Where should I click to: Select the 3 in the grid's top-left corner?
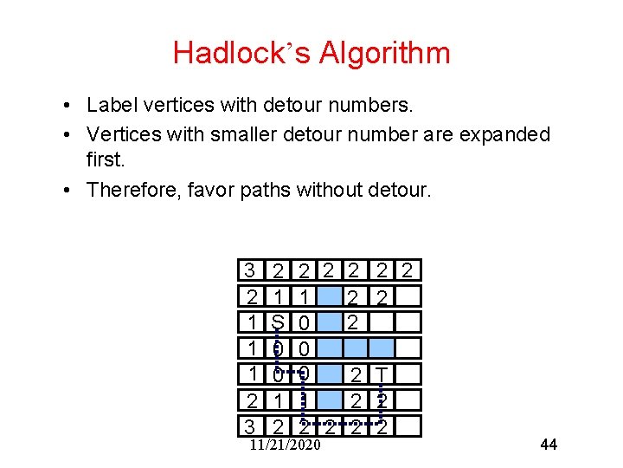tap(250, 271)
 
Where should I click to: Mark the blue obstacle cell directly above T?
tap(382, 348)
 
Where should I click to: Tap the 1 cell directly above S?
tap(278, 297)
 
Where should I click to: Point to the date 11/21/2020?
tap(284, 445)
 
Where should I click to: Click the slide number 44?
tap(549, 445)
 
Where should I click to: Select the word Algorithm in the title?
tap(384, 53)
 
